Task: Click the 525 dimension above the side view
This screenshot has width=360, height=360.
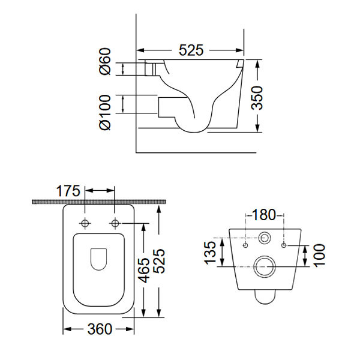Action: pos(191,50)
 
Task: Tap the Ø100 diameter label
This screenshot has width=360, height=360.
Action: pos(106,111)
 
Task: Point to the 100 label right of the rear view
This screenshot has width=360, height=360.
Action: pos(318,256)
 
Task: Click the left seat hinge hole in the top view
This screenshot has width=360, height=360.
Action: pos(85,224)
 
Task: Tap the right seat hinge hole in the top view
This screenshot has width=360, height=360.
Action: pos(115,224)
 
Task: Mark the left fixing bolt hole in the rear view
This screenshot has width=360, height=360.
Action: pos(245,245)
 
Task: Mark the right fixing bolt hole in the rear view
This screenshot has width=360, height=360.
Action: pos(284,245)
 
